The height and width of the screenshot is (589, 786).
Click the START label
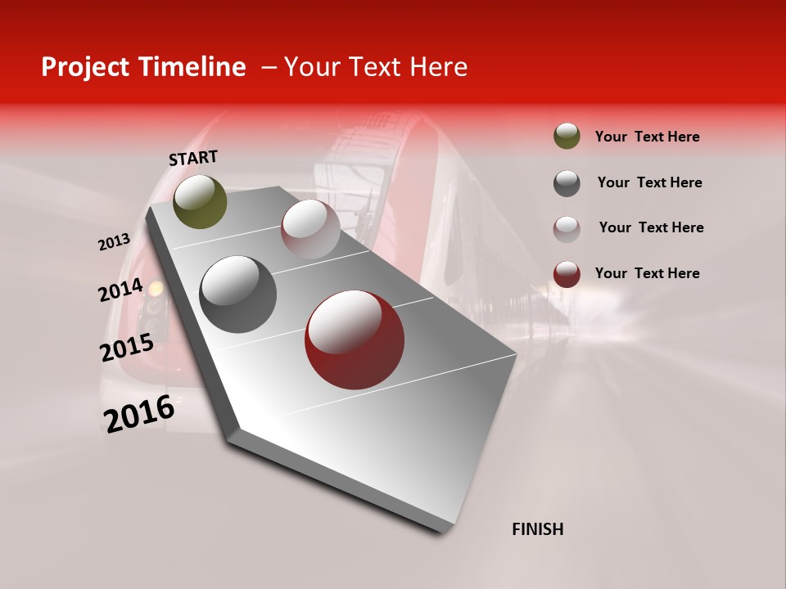click(193, 157)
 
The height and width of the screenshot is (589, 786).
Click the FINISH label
click(537, 529)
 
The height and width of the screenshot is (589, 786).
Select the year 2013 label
click(114, 242)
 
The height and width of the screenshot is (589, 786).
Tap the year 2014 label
click(120, 290)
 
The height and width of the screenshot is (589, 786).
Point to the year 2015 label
click(126, 348)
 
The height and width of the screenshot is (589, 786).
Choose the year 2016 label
click(139, 414)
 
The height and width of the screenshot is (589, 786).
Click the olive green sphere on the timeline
click(200, 201)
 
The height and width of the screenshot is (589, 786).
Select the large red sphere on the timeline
click(354, 339)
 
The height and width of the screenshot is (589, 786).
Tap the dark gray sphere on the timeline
click(237, 294)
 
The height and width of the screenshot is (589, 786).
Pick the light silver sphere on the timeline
click(310, 229)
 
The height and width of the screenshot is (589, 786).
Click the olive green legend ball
click(567, 137)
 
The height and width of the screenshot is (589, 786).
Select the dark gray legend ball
click(567, 182)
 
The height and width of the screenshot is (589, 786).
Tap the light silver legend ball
click(567, 228)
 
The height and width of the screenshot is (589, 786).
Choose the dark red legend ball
click(567, 274)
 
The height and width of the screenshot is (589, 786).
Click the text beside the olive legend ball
click(647, 137)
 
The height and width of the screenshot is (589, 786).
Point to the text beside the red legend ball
click(647, 273)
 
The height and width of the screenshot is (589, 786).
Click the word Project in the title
click(86, 67)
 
